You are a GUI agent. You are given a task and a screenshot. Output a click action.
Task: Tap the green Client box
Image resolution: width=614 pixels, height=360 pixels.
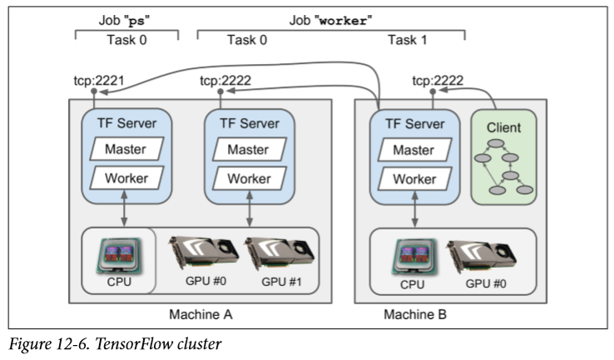pos(503,159)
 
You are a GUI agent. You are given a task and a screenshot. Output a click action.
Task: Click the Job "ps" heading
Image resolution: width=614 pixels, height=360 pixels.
pos(126,20)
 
